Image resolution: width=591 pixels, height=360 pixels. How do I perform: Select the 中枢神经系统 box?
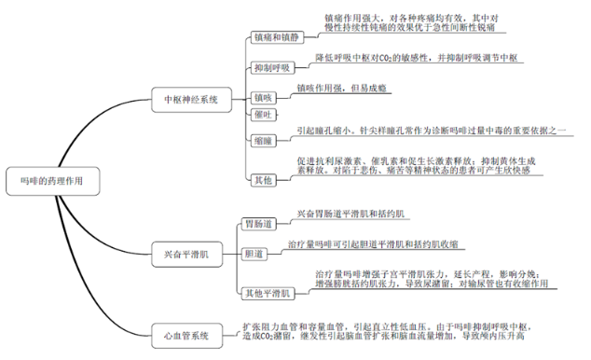click(191, 98)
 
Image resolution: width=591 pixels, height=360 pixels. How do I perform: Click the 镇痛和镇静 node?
click(277, 38)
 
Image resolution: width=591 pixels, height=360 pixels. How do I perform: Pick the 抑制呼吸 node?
click(272, 68)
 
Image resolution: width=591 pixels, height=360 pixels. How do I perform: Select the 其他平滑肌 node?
click(268, 292)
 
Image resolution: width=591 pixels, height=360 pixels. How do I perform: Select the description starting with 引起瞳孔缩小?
click(431, 131)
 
